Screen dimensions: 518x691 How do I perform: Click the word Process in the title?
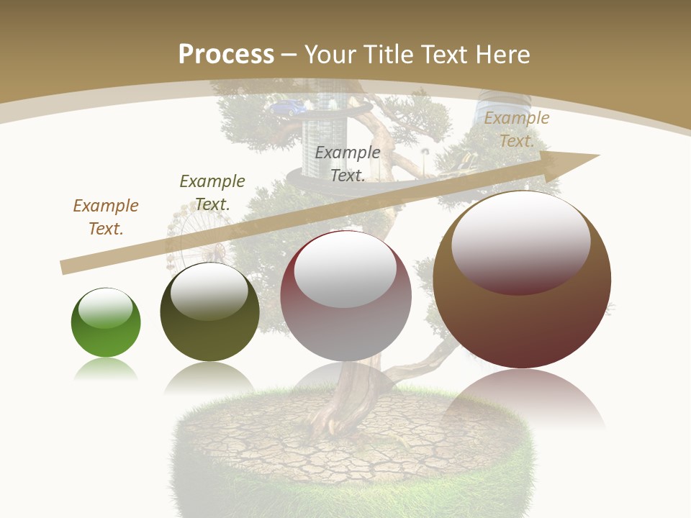[x=226, y=54]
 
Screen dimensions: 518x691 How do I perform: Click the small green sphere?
[x=106, y=323]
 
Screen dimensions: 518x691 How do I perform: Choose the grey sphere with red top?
[x=345, y=296]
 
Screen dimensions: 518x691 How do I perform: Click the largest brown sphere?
[x=522, y=281]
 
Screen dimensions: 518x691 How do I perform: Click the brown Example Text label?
[x=106, y=217]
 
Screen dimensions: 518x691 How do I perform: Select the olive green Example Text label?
[x=212, y=192]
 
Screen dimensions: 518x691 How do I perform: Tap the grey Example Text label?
[x=348, y=163]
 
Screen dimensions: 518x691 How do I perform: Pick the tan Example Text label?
[x=516, y=129]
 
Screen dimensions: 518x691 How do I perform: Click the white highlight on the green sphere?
[x=106, y=308]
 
